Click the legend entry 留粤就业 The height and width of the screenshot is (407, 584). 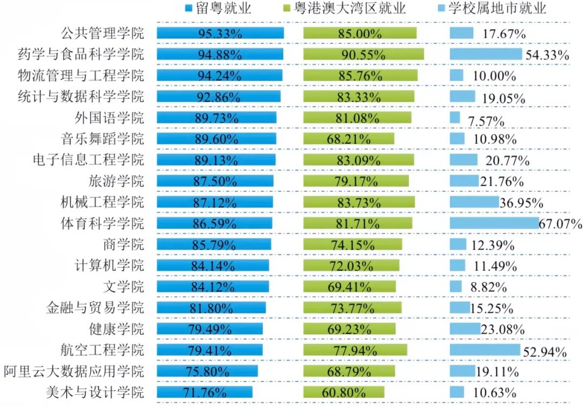(224, 8)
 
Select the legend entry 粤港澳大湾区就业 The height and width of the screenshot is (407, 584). (356, 8)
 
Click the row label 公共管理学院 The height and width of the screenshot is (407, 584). (102, 34)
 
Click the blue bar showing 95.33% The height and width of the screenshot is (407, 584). (220, 34)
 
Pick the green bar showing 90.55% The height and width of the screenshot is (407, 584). (363, 55)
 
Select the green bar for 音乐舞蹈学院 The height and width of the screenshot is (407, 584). (349, 139)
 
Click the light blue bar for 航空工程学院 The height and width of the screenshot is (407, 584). (485, 350)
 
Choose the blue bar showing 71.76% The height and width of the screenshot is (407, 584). (205, 392)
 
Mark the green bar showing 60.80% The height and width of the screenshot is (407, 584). (344, 392)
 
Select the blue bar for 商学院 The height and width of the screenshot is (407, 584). (214, 244)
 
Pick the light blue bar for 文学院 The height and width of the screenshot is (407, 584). (456, 286)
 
